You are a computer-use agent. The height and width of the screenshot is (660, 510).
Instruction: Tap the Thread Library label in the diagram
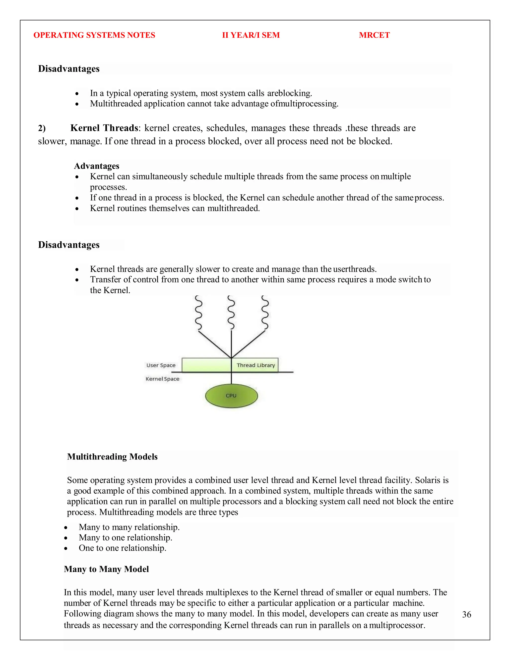tap(255, 365)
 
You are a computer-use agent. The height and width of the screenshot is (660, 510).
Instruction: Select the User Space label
tap(161, 365)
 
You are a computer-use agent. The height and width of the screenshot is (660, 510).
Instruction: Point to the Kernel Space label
tap(162, 379)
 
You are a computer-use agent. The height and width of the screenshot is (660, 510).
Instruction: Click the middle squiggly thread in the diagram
tap(231, 313)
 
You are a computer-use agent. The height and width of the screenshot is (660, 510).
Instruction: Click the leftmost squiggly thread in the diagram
tap(198, 313)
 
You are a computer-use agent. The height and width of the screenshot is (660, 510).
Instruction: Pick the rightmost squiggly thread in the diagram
tap(265, 313)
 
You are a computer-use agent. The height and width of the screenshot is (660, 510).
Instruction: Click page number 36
tap(466, 614)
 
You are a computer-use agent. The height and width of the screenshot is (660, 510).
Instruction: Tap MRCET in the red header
tap(374, 35)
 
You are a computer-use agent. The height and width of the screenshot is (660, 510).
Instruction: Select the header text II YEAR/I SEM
tap(251, 35)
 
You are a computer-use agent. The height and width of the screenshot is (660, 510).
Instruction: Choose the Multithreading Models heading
tap(112, 456)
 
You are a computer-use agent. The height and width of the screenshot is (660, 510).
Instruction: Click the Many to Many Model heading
tap(106, 569)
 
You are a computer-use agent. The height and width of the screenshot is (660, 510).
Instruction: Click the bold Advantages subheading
tap(97, 166)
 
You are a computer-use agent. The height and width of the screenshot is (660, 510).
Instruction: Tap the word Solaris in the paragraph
tap(427, 480)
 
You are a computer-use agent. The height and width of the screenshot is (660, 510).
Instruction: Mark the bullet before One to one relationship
tap(66, 548)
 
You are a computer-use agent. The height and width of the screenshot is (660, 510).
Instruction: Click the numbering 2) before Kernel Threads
tap(42, 128)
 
